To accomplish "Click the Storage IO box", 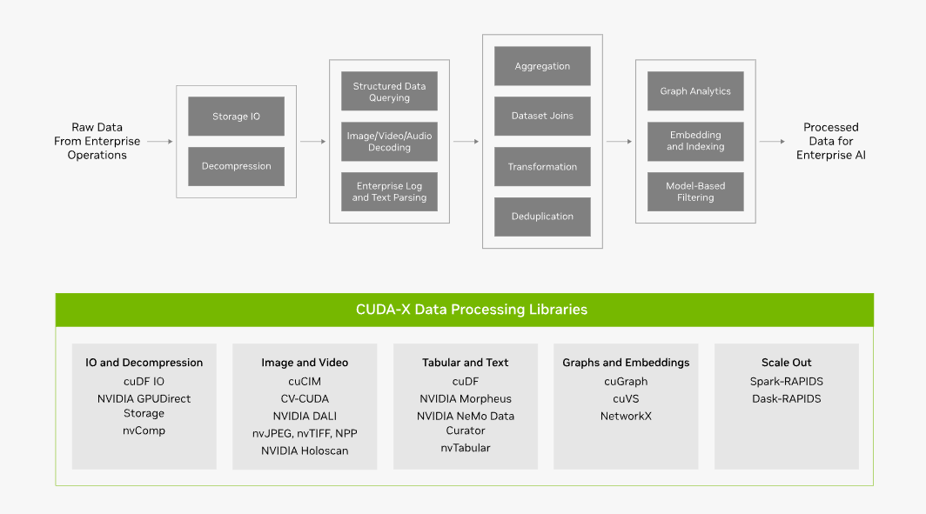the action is [236, 117].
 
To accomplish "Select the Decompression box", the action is [236, 166].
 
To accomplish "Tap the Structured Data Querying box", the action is [389, 91].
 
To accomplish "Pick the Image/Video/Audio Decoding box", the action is [389, 142].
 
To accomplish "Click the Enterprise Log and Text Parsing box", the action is [389, 192].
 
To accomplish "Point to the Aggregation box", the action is [542, 66].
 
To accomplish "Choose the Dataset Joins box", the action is [542, 117].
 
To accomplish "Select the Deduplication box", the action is [542, 217].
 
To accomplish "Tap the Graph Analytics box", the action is [695, 91].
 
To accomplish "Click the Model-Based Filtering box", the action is [695, 192].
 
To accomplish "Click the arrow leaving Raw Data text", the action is [160, 142].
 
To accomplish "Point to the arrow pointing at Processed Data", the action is [773, 142].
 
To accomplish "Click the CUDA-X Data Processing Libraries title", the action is [472, 310].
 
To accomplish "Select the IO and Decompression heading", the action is [144, 363].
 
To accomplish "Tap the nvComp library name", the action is [144, 431].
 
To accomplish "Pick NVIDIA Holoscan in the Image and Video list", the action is [305, 451].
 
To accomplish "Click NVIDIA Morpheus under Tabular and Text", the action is [466, 399].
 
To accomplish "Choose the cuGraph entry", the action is [626, 382].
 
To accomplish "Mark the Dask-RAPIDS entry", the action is [787, 399].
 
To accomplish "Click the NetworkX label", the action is [626, 416].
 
